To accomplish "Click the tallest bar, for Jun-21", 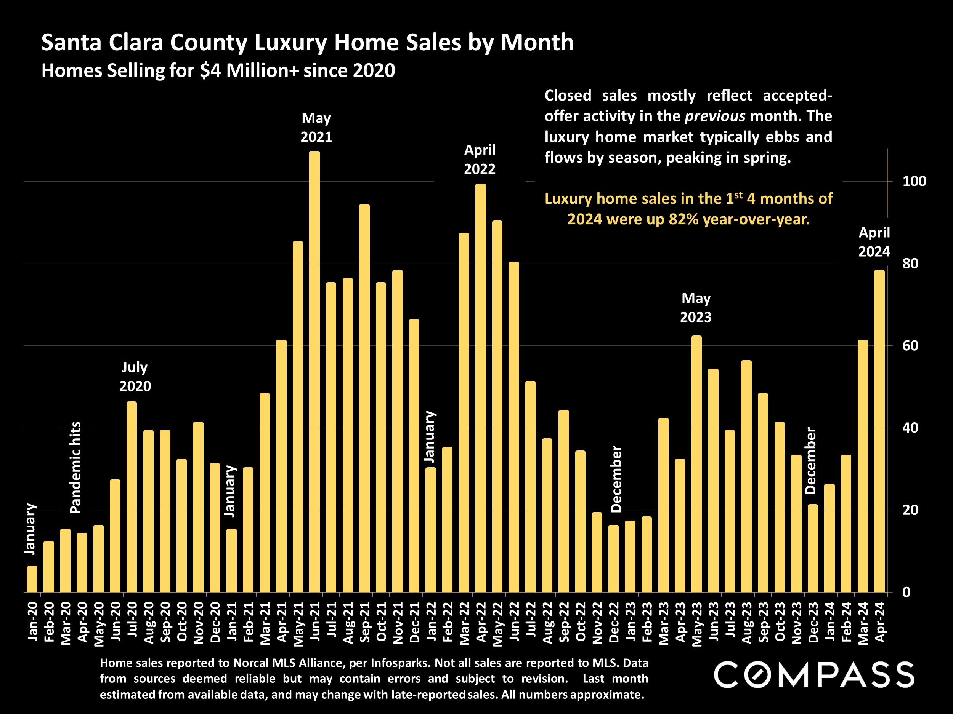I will click(314, 372).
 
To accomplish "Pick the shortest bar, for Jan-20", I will click(32, 579).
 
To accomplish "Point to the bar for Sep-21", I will click(364, 399).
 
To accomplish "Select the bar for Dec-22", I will click(613, 559).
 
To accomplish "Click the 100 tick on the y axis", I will click(914, 181).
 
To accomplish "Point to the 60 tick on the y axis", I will click(910, 346).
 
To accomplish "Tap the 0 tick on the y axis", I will click(906, 592).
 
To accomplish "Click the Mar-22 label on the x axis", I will click(464, 623).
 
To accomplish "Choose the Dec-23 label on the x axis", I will click(813, 623).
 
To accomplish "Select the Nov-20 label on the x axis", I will click(199, 623).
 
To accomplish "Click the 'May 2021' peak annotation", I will click(316, 128).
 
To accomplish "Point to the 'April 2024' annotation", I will click(874, 242).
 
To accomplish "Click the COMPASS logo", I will click(814, 675).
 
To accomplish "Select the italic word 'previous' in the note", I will click(715, 116).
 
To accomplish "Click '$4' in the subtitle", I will click(210, 70).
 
